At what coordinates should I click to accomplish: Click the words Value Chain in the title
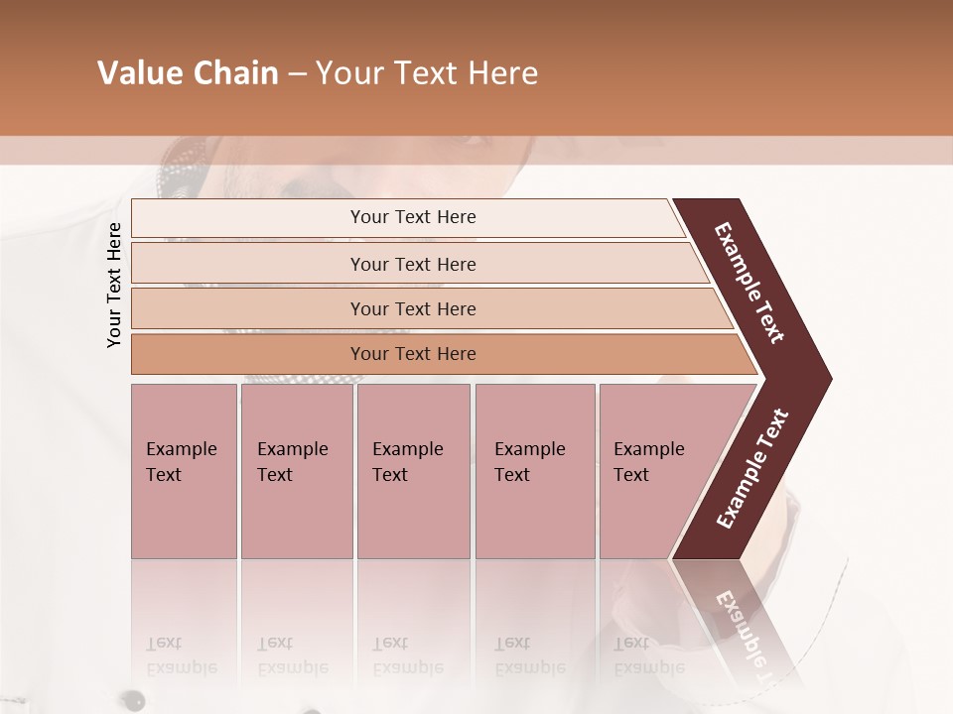click(188, 73)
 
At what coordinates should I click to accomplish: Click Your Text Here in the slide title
click(427, 73)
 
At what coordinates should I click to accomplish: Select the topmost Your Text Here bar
click(412, 217)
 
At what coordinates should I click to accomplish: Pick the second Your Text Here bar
click(412, 264)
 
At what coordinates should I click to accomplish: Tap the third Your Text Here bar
click(412, 308)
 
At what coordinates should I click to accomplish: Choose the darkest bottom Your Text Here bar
click(412, 354)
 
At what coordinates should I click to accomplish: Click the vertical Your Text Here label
click(114, 285)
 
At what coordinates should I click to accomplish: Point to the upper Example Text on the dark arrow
click(750, 283)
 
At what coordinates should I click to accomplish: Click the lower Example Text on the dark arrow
click(752, 469)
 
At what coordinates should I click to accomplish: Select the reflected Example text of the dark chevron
click(750, 635)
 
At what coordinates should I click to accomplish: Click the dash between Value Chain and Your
click(297, 74)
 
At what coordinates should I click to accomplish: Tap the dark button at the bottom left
click(130, 700)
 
